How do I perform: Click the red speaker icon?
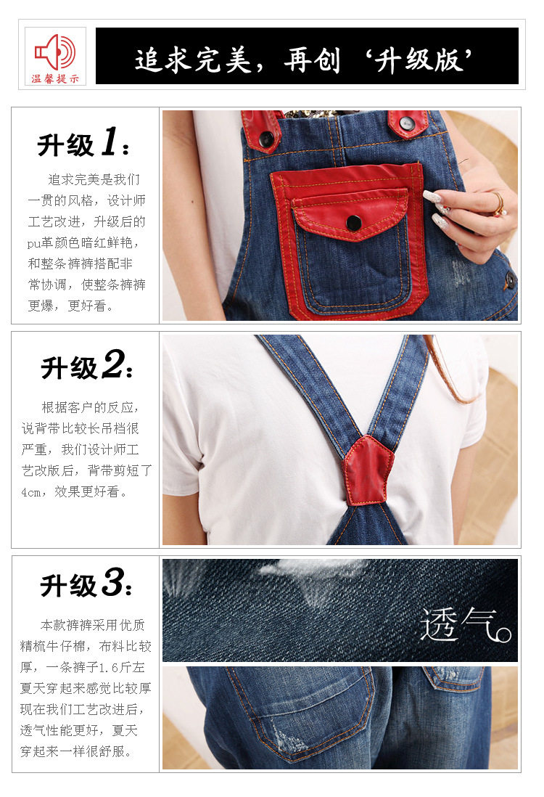pyautogui.click(x=55, y=52)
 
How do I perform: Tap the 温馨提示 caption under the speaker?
pyautogui.click(x=55, y=79)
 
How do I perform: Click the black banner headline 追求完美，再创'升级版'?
pyautogui.click(x=303, y=60)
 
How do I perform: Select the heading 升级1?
pyautogui.click(x=83, y=142)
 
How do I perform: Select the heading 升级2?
pyautogui.click(x=86, y=365)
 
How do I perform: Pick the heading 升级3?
pyautogui.click(x=86, y=582)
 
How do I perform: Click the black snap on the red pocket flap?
pyautogui.click(x=353, y=223)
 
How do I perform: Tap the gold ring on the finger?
pyautogui.click(x=498, y=203)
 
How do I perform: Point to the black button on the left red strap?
pyautogui.click(x=265, y=139)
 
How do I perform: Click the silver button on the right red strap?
pyautogui.click(x=406, y=123)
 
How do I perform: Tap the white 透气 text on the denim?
pyautogui.click(x=465, y=624)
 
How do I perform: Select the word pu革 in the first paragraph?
pyautogui.click(x=41, y=243)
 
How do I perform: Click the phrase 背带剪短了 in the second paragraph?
pyautogui.click(x=120, y=470)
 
